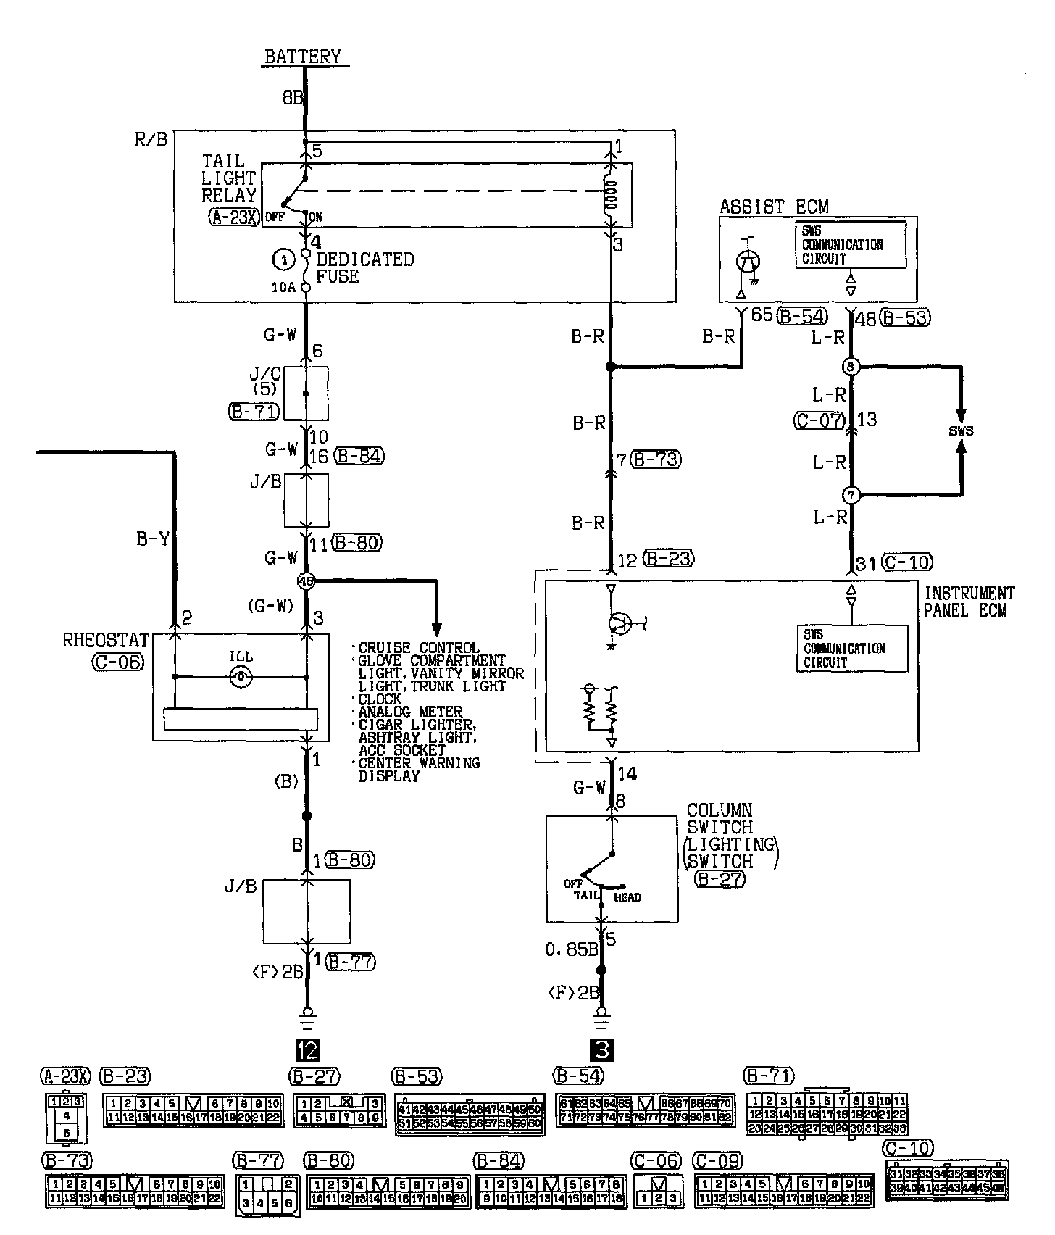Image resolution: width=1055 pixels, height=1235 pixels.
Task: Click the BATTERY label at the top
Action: pyautogui.click(x=302, y=57)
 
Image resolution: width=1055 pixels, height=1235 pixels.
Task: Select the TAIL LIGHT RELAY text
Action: pyautogui.click(x=229, y=178)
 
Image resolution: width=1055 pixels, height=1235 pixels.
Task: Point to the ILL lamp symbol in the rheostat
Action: pyautogui.click(x=240, y=678)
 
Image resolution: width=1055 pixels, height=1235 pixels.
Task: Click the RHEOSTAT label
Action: pyautogui.click(x=106, y=641)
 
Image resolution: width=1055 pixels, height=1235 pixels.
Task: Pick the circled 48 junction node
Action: pyautogui.click(x=307, y=581)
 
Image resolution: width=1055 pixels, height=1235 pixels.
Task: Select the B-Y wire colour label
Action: pyautogui.click(x=153, y=539)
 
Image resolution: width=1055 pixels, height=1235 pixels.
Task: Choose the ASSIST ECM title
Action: pyautogui.click(x=773, y=207)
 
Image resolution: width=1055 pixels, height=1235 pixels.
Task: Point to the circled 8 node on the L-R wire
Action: pyautogui.click(x=851, y=367)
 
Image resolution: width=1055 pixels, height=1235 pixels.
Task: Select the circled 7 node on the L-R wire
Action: pyautogui.click(x=851, y=496)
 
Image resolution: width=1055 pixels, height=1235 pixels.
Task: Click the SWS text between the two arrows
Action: pyautogui.click(x=961, y=431)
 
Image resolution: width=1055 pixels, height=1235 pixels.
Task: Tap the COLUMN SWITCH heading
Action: pyautogui.click(x=720, y=818)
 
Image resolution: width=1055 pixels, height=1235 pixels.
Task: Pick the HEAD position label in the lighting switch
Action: pyautogui.click(x=627, y=897)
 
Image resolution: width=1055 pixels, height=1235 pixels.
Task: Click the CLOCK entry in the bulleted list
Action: pyautogui.click(x=380, y=699)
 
